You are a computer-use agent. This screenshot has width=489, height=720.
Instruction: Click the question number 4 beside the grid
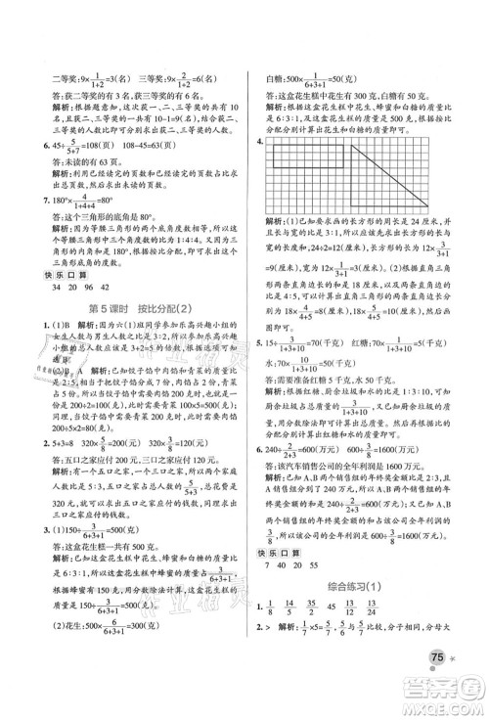tap(258, 140)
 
